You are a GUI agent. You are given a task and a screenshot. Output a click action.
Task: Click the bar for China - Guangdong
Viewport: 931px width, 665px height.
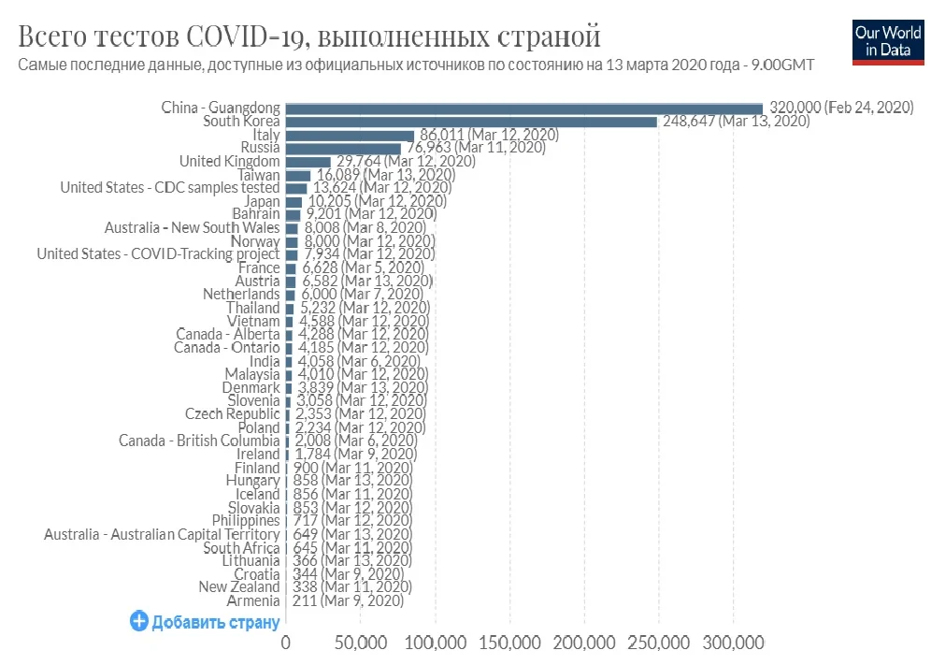(523, 108)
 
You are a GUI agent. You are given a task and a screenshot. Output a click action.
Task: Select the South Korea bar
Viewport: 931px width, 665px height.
(471, 122)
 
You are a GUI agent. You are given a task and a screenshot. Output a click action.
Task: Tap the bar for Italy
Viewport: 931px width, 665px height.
(350, 136)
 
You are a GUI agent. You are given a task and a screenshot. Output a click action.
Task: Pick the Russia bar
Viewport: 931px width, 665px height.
(343, 149)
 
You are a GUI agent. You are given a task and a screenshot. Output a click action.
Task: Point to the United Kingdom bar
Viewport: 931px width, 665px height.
(308, 162)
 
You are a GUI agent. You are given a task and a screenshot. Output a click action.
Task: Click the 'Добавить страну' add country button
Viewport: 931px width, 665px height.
(205, 622)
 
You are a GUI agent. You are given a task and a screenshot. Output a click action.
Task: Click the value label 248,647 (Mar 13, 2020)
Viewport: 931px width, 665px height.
(736, 122)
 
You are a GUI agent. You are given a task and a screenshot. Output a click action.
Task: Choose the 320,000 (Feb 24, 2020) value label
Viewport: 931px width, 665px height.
(840, 108)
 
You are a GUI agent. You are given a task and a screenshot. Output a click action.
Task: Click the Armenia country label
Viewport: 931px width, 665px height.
(253, 600)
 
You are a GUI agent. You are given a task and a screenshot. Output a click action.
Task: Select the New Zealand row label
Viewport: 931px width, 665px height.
(239, 587)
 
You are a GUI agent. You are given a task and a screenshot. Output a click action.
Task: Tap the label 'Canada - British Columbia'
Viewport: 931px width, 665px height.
(199, 441)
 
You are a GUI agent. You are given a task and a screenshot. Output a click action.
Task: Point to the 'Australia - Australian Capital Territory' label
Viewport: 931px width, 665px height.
(162, 534)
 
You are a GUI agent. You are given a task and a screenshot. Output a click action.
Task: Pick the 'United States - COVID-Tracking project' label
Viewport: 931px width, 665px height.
(158, 254)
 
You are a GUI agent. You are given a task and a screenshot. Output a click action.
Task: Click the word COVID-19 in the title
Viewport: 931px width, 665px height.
(247, 37)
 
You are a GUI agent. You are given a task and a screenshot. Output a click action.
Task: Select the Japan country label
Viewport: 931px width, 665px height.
(262, 201)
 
